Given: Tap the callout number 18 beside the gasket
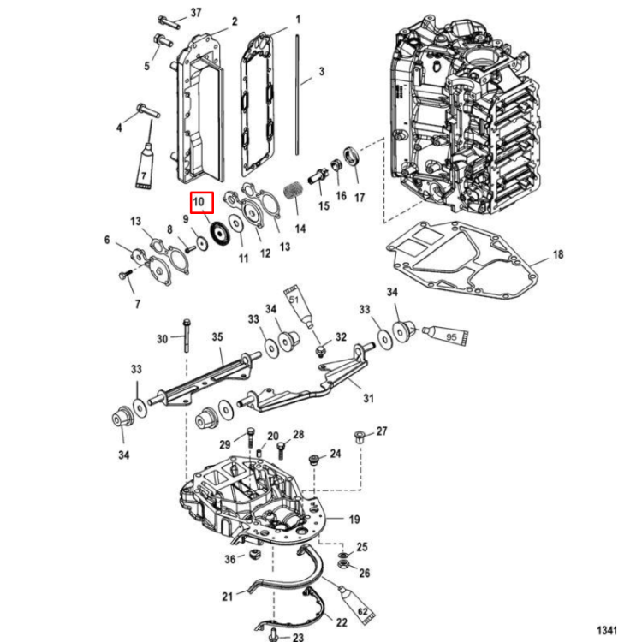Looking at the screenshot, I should pyautogui.click(x=557, y=255).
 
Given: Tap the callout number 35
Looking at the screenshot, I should pyautogui.click(x=217, y=336).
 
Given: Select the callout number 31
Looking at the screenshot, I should pyautogui.click(x=369, y=398).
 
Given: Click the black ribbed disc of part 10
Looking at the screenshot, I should pyautogui.click(x=217, y=232).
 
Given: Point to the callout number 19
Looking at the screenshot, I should pyautogui.click(x=354, y=520).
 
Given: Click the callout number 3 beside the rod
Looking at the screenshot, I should pyautogui.click(x=321, y=73).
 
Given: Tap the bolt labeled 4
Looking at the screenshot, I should pyautogui.click(x=143, y=111).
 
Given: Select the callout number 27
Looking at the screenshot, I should pyautogui.click(x=382, y=431).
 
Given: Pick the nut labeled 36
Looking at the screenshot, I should pyautogui.click(x=254, y=556).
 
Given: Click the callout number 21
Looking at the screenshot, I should pyautogui.click(x=227, y=596).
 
